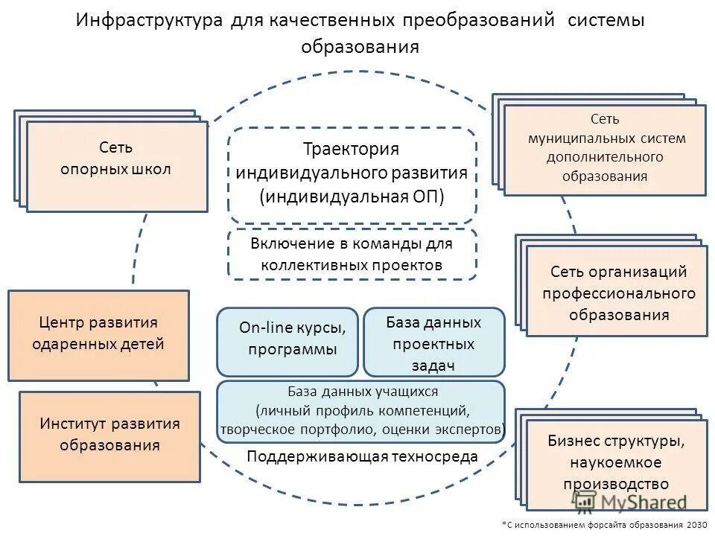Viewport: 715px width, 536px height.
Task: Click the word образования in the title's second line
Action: point(360,47)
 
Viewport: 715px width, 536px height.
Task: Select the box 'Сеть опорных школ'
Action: point(116,165)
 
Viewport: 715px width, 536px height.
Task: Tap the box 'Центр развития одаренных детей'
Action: point(98,335)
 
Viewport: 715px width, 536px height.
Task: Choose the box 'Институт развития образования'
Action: point(109,435)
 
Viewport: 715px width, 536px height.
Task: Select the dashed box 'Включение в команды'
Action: point(352,254)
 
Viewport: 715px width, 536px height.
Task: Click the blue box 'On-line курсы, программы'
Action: point(287,341)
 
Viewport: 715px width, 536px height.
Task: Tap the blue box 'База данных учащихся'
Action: point(360,411)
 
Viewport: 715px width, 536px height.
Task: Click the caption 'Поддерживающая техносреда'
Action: point(362,456)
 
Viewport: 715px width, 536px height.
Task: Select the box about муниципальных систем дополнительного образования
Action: point(604,150)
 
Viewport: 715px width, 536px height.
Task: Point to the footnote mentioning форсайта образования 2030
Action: point(605,525)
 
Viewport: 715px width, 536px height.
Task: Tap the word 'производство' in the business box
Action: point(615,484)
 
